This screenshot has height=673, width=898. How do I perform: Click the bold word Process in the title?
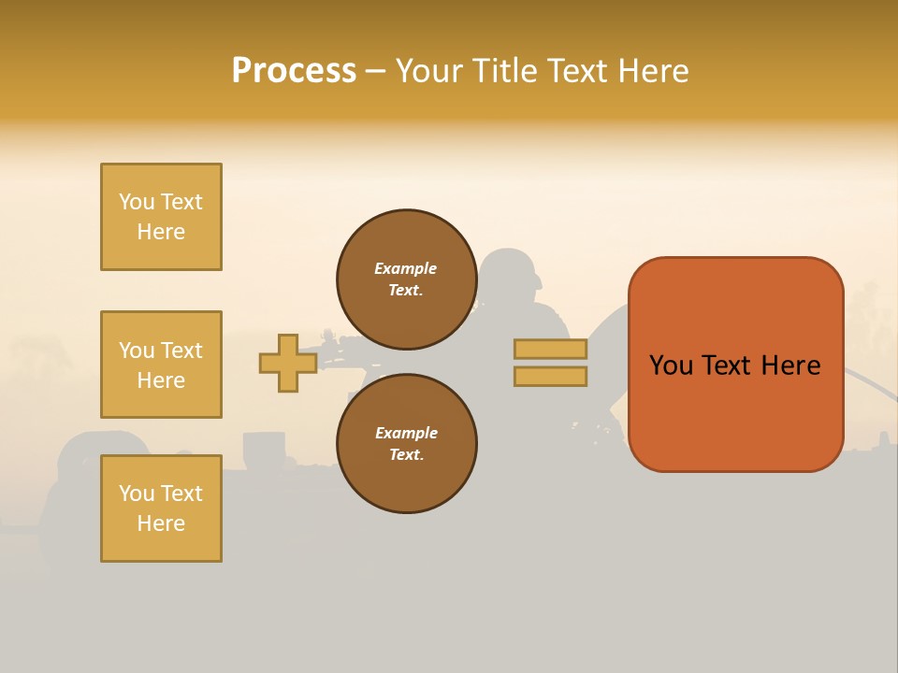pyautogui.click(x=294, y=71)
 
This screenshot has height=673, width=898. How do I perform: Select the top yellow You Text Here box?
pyautogui.click(x=161, y=217)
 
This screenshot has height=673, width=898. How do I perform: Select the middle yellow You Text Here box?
pyautogui.click(x=161, y=365)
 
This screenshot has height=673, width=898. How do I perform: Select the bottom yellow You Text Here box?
pyautogui.click(x=161, y=508)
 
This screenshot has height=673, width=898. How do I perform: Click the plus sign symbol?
pyautogui.click(x=288, y=364)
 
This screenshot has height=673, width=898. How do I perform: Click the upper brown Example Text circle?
pyautogui.click(x=406, y=279)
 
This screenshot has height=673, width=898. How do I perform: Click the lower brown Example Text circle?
pyautogui.click(x=406, y=443)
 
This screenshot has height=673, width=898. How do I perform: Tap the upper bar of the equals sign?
pyautogui.click(x=550, y=349)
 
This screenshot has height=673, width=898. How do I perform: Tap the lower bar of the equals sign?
pyautogui.click(x=550, y=377)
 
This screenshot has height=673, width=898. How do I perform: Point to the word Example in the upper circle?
pyautogui.click(x=406, y=268)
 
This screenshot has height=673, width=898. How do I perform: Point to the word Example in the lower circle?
pyautogui.click(x=406, y=433)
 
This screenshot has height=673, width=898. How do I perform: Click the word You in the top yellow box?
pyautogui.click(x=136, y=202)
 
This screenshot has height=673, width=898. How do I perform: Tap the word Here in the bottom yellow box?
pyautogui.click(x=161, y=523)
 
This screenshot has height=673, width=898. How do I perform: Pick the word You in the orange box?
pyautogui.click(x=671, y=365)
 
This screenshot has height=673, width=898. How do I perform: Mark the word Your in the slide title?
pyautogui.click(x=425, y=71)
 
